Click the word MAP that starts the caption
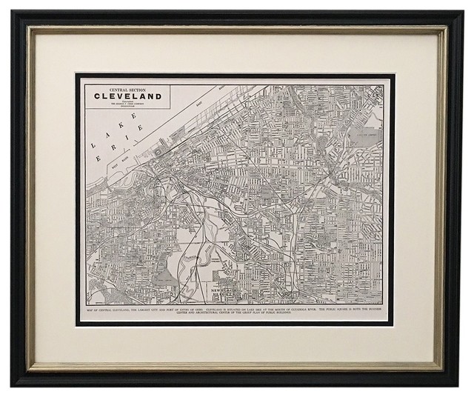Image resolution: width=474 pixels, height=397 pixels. [x=90, y=304]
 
